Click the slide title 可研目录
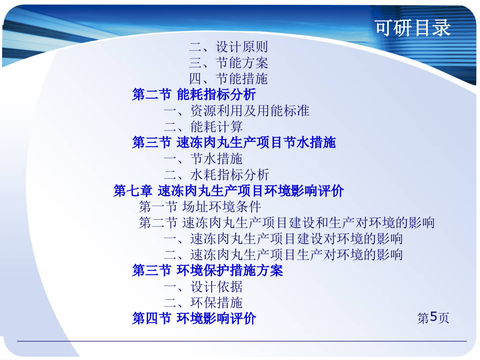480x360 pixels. pyautogui.click(x=413, y=28)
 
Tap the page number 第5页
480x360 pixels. pyautogui.click(x=433, y=318)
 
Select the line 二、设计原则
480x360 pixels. pyautogui.click(x=229, y=47)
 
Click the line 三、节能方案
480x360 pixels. pyautogui.click(x=229, y=63)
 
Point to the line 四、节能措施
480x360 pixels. pyautogui.click(x=229, y=79)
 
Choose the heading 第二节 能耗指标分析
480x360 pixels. pyautogui.click(x=194, y=94)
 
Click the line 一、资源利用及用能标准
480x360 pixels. pyautogui.click(x=237, y=111)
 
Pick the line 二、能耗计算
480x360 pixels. pyautogui.click(x=203, y=127)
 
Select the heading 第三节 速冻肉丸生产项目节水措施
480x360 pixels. pyautogui.click(x=234, y=142)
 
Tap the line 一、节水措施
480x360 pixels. pyautogui.click(x=203, y=159)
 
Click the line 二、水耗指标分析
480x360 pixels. pyautogui.click(x=217, y=175)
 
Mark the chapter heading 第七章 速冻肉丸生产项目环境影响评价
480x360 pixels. pyautogui.click(x=228, y=191)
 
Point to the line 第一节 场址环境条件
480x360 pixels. pyautogui.click(x=200, y=206)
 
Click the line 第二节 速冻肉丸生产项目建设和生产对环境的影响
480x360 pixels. pyautogui.click(x=286, y=222)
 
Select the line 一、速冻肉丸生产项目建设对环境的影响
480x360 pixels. pyautogui.click(x=283, y=239)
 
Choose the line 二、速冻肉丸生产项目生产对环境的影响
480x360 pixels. pyautogui.click(x=283, y=255)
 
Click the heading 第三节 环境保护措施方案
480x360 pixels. pyautogui.click(x=207, y=270)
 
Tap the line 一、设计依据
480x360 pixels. pyautogui.click(x=203, y=287)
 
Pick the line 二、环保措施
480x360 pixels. pyautogui.click(x=203, y=303)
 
